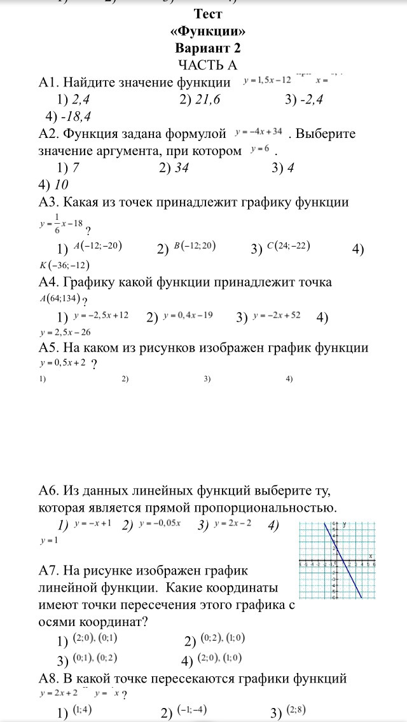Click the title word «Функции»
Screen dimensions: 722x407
[207, 31]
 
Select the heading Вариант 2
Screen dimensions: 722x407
[207, 48]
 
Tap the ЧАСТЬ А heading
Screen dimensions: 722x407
[207, 64]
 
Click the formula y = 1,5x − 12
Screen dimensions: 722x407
[267, 81]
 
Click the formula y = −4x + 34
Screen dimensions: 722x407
[258, 132]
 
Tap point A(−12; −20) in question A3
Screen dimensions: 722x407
[97, 246]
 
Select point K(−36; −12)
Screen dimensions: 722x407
[64, 264]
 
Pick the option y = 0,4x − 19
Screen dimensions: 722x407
[188, 316]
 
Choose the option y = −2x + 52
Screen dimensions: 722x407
[277, 316]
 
